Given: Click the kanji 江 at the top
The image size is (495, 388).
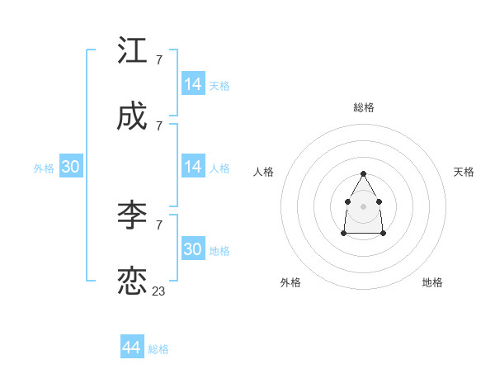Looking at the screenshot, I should coord(133,51).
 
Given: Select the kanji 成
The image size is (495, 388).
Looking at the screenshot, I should coord(133,117).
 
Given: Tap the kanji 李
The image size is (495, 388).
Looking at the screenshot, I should coord(133,215).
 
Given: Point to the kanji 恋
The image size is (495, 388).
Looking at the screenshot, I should coord(133,282).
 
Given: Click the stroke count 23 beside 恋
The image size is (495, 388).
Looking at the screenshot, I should coord(159,291).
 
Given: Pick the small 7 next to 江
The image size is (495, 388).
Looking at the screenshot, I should coord(158,60).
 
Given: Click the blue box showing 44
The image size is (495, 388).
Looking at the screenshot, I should coord(132,347).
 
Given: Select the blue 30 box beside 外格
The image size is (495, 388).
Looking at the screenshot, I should coord(70,167).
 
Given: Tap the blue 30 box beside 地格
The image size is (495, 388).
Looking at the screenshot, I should coord(192,249).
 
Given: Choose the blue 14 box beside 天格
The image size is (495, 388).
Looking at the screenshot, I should coord(192,84).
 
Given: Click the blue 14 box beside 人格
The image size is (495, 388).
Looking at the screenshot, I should coord(192,167).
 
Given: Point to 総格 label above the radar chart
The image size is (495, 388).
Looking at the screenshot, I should coord(364,107).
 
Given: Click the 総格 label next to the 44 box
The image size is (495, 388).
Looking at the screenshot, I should coord(158,349).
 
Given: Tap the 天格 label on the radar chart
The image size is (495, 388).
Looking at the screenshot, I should coord(464,172).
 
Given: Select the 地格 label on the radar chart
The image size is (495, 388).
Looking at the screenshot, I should coord(432,282).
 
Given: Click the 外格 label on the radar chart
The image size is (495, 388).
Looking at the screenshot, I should coord(290,282).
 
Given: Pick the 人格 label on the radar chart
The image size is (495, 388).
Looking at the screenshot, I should coord(264,172).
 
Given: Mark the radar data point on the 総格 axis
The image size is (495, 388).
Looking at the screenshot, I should coord(363,174).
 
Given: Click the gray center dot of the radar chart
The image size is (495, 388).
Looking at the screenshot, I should coord(363,206).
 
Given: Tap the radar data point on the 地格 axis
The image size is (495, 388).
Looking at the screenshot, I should coord(384,234).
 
